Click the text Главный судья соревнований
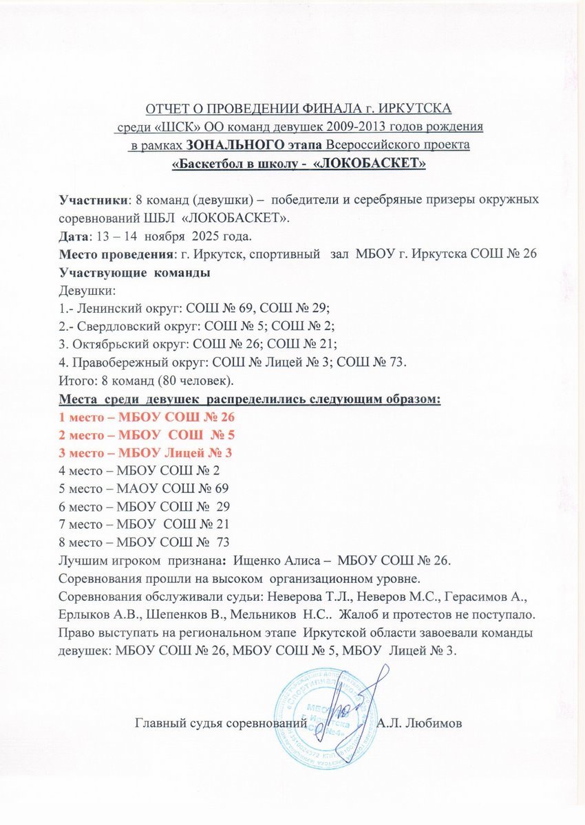point(220,723)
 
